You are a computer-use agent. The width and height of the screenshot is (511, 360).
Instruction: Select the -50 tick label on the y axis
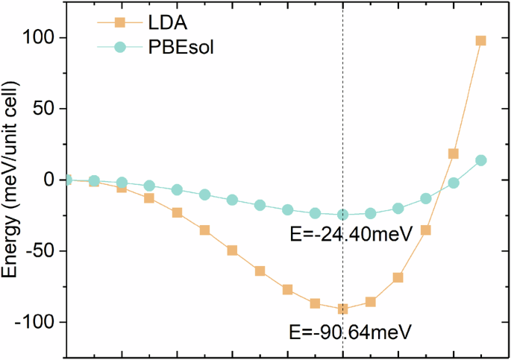click(x=43, y=251)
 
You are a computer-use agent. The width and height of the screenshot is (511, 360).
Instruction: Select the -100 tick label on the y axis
click(x=39, y=322)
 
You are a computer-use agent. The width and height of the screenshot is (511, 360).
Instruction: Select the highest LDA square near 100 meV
click(x=481, y=40)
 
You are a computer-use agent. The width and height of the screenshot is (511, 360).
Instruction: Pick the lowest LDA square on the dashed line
click(x=342, y=309)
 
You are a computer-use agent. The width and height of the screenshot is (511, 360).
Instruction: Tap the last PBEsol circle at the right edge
click(x=481, y=160)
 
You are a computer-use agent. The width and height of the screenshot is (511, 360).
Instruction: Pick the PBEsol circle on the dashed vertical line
click(x=342, y=215)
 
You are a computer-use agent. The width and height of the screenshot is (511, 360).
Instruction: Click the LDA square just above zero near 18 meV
click(x=454, y=154)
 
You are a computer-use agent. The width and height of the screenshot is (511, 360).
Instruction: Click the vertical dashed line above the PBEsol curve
click(x=342, y=112)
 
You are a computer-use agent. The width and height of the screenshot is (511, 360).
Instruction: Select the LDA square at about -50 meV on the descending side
click(x=232, y=250)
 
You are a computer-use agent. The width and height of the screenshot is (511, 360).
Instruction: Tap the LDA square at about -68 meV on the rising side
click(x=398, y=277)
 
